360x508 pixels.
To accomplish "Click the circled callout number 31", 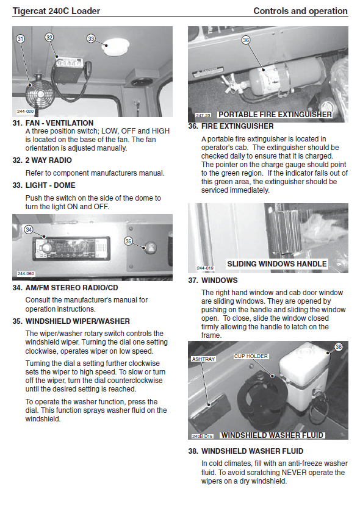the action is coord(20,39).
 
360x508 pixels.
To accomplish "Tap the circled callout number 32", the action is coord(49,38).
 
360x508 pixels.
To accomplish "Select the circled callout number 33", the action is coord(91,38).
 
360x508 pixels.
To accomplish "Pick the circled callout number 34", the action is coord(29,230).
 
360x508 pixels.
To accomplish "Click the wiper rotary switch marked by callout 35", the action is coord(151,248).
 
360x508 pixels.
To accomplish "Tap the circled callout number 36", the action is coord(246,40).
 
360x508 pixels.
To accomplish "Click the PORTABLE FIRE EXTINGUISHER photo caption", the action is coord(275,115).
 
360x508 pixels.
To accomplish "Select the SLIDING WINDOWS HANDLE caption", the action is coord(277,263).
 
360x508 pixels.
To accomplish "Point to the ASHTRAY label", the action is coord(203,359).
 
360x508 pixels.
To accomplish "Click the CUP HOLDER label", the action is coord(251,356).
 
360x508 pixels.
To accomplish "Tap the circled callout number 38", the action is coord(339,347).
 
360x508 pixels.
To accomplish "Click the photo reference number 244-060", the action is coord(26,273).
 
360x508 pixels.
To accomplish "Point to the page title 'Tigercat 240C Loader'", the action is coord(56,11).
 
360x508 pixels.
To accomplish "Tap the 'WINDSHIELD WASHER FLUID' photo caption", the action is coord(272,435).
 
